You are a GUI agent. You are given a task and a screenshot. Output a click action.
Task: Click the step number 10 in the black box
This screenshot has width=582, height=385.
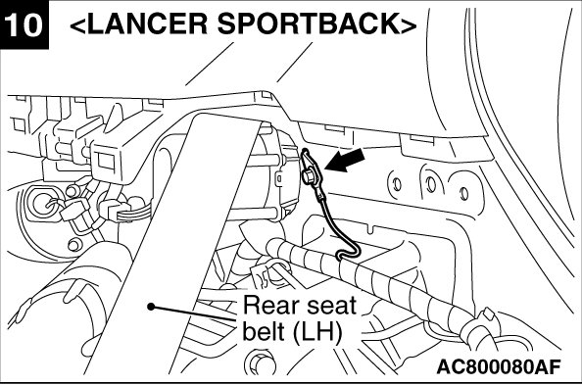(23, 24)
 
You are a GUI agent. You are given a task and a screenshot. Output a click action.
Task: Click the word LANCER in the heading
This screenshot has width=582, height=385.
(148, 24)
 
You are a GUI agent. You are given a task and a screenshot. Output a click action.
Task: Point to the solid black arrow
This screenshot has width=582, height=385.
(345, 161)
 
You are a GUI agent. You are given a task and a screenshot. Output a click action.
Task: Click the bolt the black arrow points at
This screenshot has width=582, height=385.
(308, 176)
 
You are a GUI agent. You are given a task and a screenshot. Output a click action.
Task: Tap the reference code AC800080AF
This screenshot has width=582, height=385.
(498, 366)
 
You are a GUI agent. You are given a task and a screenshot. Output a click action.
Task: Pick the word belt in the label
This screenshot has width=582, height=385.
(265, 330)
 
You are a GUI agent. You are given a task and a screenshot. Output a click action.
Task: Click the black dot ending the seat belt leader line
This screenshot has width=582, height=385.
(151, 307)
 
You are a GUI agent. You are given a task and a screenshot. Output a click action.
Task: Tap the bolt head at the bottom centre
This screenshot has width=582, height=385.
(259, 362)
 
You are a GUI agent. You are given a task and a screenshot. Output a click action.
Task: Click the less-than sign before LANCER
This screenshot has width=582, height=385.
(77, 25)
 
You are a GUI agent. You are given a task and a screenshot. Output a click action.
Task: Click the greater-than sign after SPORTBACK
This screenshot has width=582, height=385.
(409, 25)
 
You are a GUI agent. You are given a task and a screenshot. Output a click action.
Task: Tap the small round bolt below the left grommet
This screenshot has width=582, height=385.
(73, 244)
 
